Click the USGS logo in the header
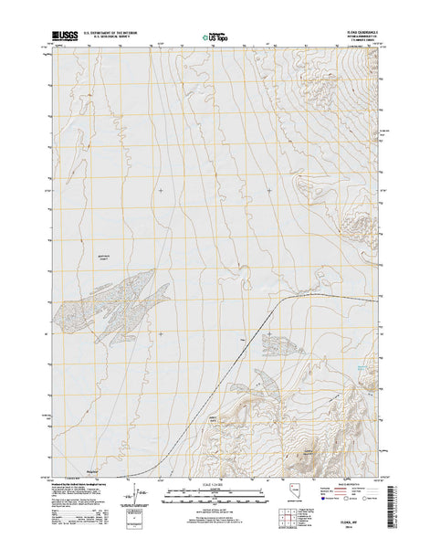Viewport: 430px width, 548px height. point(66,33)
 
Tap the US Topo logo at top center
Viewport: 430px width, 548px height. point(214,37)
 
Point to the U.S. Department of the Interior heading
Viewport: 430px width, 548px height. point(115,31)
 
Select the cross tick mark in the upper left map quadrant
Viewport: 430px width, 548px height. point(161,190)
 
